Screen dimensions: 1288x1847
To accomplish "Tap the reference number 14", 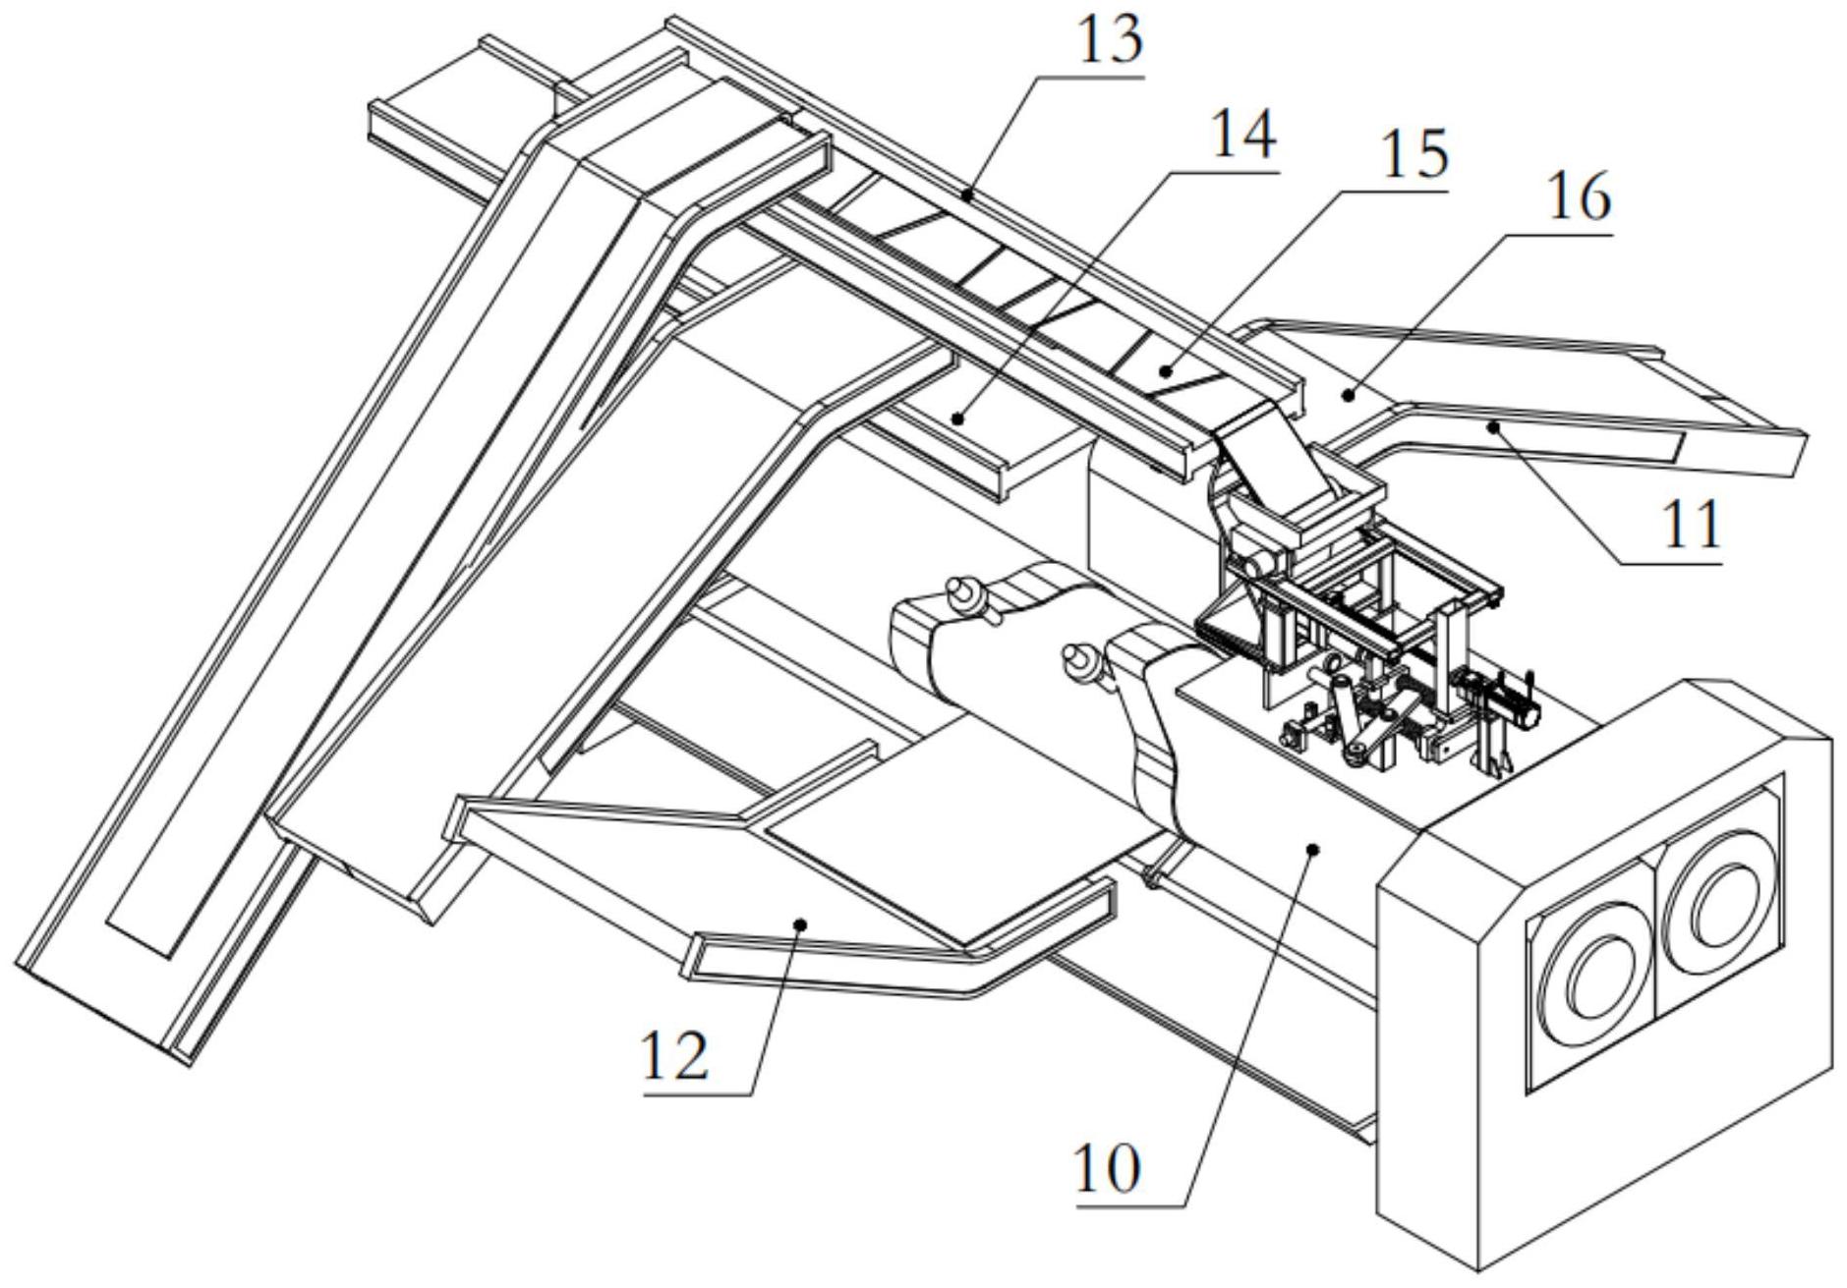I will (1243, 135).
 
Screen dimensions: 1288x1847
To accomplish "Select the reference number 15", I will (1414, 153).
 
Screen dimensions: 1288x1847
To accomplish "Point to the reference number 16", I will (1579, 197).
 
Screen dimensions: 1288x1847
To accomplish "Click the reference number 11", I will (1689, 525).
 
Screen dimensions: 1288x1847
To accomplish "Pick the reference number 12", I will (675, 1056).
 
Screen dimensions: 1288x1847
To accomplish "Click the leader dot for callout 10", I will (1313, 848).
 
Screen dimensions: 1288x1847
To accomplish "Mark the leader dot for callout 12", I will (800, 924).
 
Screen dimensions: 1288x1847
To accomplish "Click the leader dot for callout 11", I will (1493, 426).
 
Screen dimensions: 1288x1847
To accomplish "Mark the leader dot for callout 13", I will (967, 196).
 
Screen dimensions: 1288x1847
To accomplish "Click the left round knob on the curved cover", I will (961, 592).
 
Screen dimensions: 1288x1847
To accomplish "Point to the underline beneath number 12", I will (698, 1092).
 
